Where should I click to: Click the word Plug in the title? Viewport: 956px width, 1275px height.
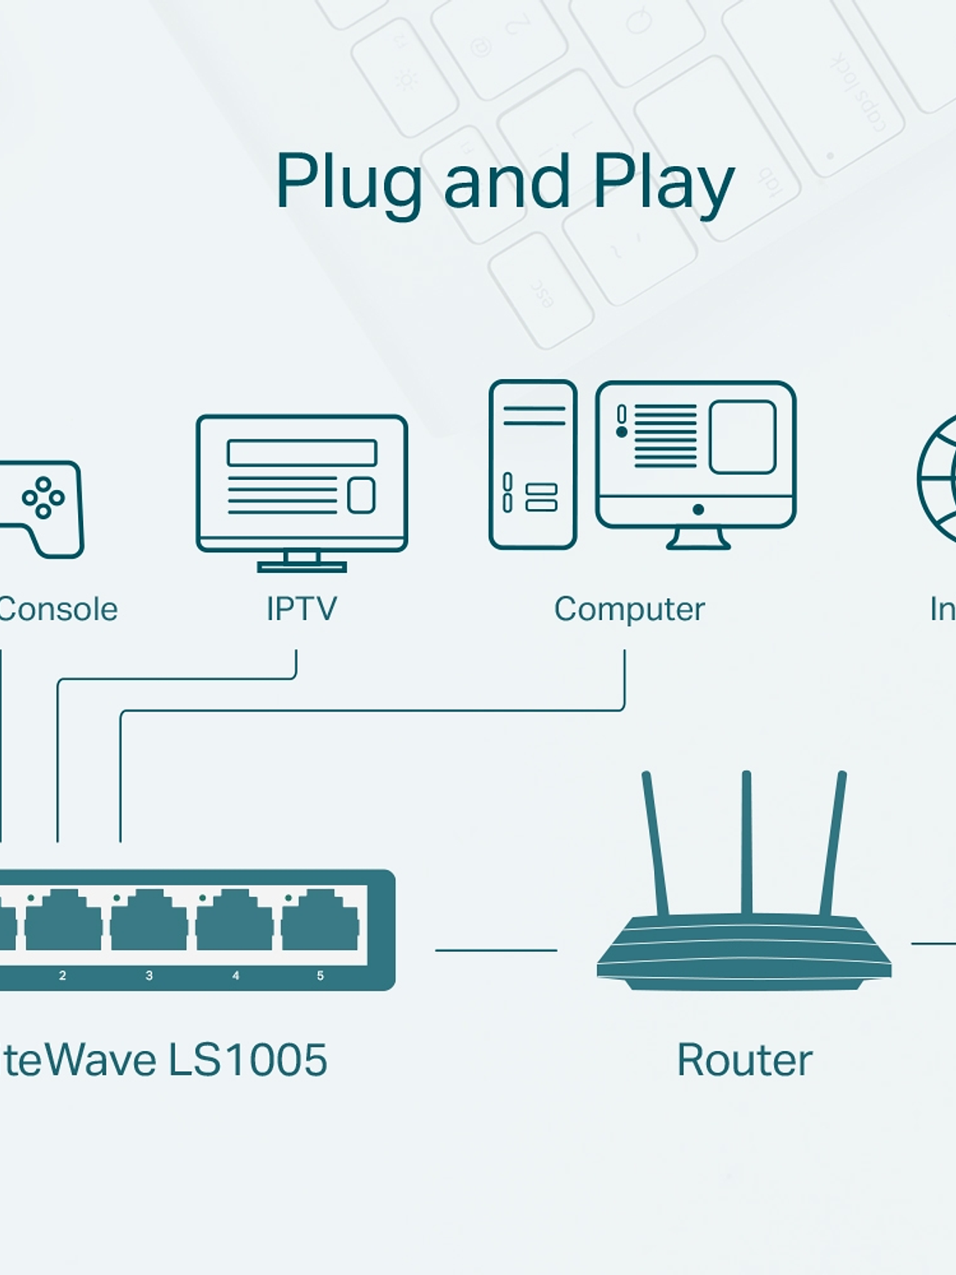[x=348, y=183]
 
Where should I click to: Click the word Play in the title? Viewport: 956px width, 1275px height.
[x=663, y=183]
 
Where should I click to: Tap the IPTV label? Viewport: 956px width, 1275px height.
[x=301, y=609]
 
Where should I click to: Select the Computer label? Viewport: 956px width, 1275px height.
[x=629, y=609]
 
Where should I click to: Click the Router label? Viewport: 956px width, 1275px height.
[x=744, y=1059]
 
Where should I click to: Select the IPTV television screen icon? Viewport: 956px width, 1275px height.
[x=302, y=487]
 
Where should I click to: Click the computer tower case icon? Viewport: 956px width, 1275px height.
[x=533, y=464]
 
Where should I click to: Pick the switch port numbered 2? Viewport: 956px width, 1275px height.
[x=63, y=921]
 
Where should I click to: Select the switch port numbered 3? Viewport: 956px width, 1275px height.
[x=148, y=921]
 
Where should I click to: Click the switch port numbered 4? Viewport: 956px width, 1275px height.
[x=234, y=921]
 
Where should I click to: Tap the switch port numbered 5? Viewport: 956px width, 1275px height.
[x=320, y=921]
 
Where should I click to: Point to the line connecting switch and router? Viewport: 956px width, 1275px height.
[x=496, y=950]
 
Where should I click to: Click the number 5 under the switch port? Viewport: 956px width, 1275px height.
[x=320, y=976]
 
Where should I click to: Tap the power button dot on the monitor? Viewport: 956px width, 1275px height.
[x=698, y=509]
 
